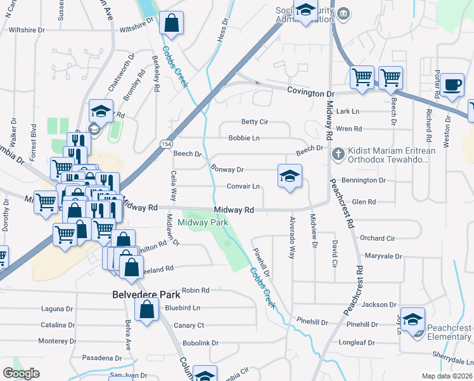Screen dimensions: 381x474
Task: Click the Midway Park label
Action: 203,223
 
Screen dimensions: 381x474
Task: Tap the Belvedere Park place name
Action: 146,295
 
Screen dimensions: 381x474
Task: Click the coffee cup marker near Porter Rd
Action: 452,85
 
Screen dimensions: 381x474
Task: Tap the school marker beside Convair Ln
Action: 290,177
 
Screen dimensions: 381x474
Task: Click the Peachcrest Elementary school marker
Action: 413,319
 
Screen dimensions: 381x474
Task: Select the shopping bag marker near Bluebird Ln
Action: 147,310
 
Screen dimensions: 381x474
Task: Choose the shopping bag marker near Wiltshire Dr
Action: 171,24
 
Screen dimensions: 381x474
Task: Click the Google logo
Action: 21,373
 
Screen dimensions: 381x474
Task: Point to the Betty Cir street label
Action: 255,122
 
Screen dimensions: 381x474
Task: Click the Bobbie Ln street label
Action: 244,138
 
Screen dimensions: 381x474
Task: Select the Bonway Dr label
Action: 227,170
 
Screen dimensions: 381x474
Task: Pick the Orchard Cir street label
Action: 377,238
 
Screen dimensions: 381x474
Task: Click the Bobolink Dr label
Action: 200,343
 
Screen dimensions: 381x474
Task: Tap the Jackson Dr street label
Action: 379,305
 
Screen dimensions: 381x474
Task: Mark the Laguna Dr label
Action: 56,309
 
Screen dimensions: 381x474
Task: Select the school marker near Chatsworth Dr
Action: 101,112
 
